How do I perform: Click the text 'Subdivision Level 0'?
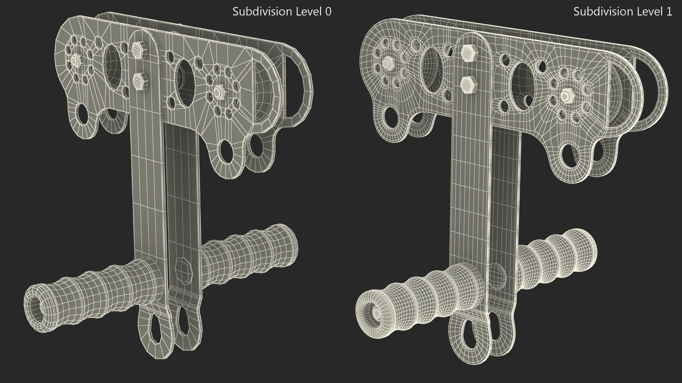(x=282, y=12)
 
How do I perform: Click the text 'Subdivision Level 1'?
(x=623, y=12)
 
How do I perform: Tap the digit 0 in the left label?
(x=328, y=12)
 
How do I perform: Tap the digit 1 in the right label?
(x=669, y=12)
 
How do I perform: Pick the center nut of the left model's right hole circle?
(x=217, y=93)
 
